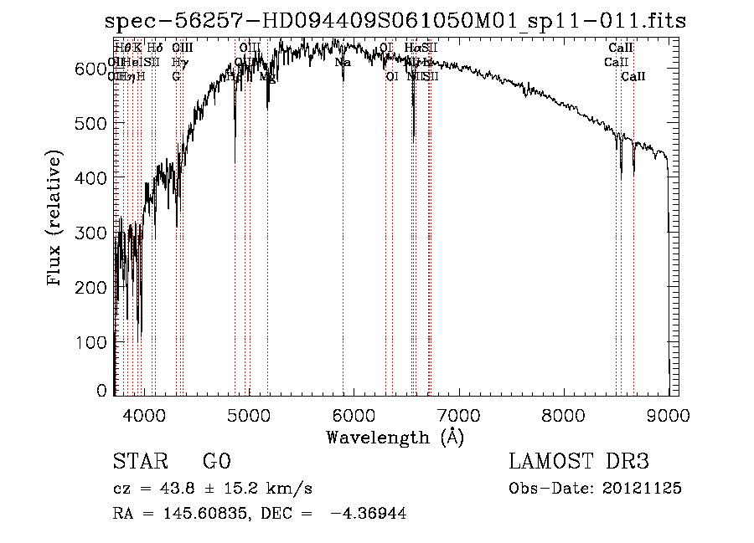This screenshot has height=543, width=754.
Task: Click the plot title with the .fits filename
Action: click(395, 21)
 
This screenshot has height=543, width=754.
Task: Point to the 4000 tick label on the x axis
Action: click(143, 415)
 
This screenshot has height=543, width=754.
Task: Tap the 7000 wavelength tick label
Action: click(458, 415)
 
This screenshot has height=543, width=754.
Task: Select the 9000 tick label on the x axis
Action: click(668, 415)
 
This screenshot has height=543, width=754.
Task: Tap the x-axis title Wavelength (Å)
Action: click(395, 436)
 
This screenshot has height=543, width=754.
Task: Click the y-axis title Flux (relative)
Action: click(56, 219)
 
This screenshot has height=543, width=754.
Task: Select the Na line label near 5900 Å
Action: click(343, 62)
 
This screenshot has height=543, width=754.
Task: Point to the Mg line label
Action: click(267, 76)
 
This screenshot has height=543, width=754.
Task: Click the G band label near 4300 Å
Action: click(176, 76)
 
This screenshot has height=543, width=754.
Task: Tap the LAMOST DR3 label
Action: click(578, 462)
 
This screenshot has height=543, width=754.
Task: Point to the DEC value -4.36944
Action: click(369, 514)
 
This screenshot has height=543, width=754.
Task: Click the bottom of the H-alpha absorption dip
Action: click(414, 136)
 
